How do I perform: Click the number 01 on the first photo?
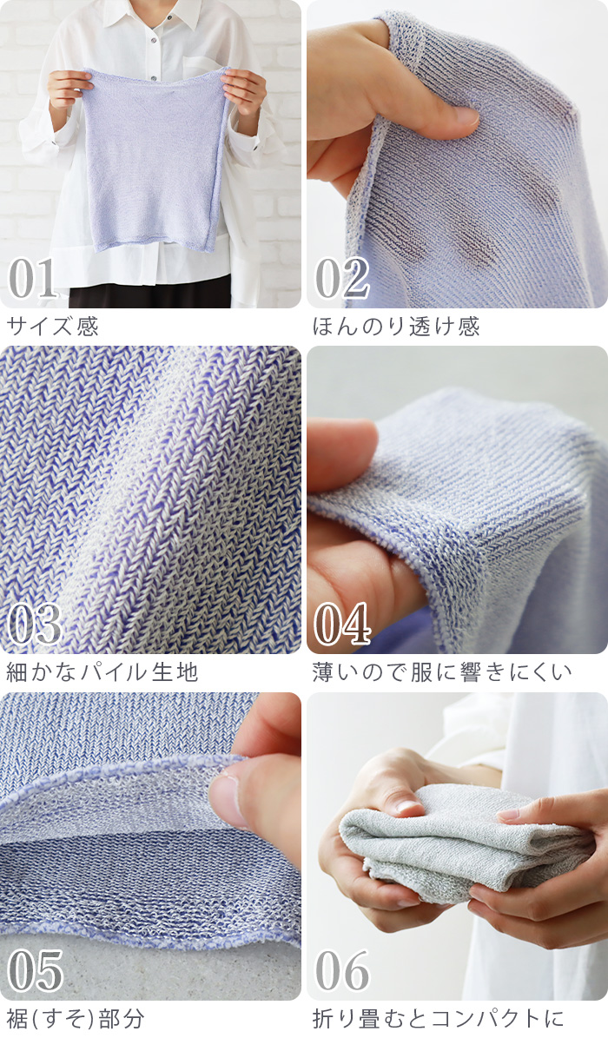tap(32, 279)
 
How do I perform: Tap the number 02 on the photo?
tap(341, 279)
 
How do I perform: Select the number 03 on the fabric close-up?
tap(35, 625)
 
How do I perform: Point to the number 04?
tap(341, 625)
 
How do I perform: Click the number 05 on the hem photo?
tap(35, 971)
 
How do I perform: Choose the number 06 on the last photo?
tap(341, 971)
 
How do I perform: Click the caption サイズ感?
tap(52, 327)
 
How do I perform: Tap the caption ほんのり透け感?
tap(396, 327)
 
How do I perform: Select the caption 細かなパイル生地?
tap(102, 672)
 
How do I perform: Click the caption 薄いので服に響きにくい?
tap(442, 672)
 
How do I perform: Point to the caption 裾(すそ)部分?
tap(76, 1019)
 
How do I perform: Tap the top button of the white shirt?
tap(155, 22)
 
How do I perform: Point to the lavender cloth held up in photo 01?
tap(155, 159)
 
